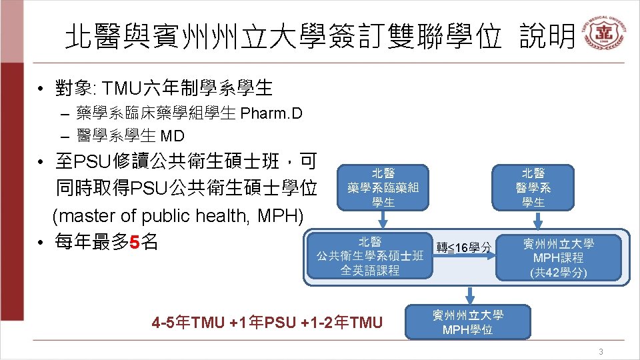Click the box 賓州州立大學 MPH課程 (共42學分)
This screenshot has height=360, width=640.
tap(558, 257)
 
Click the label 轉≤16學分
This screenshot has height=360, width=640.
tap(465, 248)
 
